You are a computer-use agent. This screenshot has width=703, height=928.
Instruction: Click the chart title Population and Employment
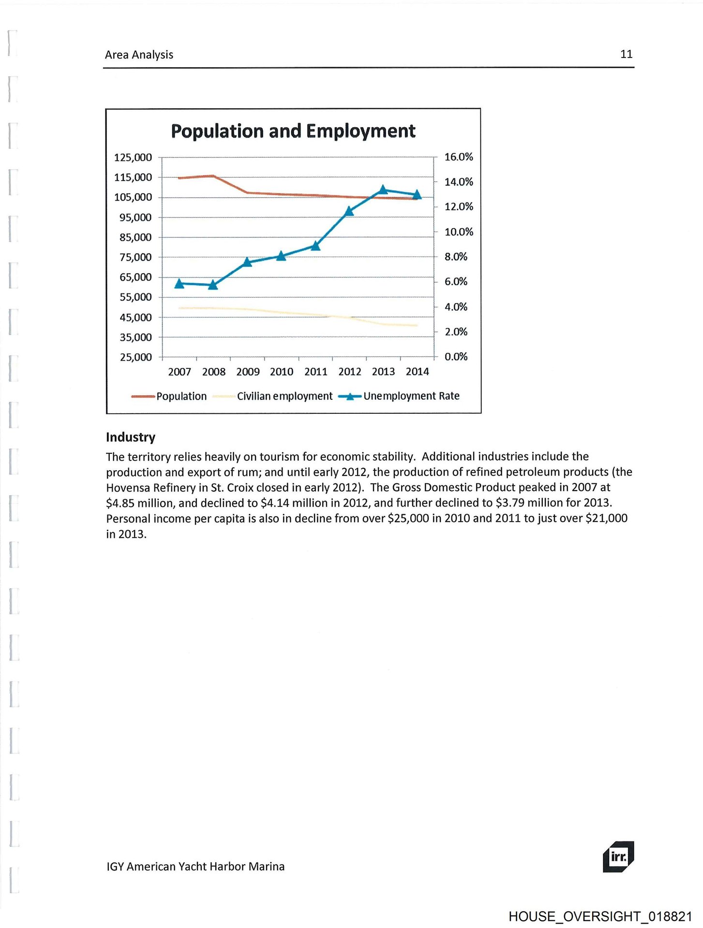pyautogui.click(x=293, y=131)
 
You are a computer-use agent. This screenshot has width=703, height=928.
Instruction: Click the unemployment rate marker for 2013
pyautogui.click(x=383, y=190)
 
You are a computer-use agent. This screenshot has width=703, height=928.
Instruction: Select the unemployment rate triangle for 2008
pyautogui.click(x=213, y=285)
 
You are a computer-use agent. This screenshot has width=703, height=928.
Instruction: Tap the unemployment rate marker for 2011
pyautogui.click(x=315, y=246)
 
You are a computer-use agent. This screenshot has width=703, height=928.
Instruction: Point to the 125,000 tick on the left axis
pyautogui.click(x=133, y=158)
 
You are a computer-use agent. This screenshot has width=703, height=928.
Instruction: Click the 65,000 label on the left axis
pyautogui.click(x=135, y=277)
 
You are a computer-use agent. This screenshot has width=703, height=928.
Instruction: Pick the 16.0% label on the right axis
pyautogui.click(x=458, y=157)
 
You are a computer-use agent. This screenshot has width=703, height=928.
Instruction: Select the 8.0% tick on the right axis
pyautogui.click(x=456, y=257)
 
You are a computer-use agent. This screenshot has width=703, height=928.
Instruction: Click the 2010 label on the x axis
pyautogui.click(x=282, y=372)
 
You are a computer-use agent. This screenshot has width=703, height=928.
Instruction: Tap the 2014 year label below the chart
pyautogui.click(x=417, y=372)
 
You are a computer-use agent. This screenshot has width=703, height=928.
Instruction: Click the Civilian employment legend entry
pyautogui.click(x=284, y=396)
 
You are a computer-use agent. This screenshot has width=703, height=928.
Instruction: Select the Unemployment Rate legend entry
pyautogui.click(x=411, y=396)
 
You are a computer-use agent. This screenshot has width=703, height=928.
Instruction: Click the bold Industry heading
pyautogui.click(x=131, y=437)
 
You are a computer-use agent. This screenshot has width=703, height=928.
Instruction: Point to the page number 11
pyautogui.click(x=626, y=54)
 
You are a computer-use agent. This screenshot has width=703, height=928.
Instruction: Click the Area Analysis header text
pyautogui.click(x=139, y=55)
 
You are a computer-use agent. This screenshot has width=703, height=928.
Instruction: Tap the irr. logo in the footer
pyautogui.click(x=618, y=857)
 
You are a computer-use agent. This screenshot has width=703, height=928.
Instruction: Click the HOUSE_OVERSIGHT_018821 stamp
pyautogui.click(x=600, y=916)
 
